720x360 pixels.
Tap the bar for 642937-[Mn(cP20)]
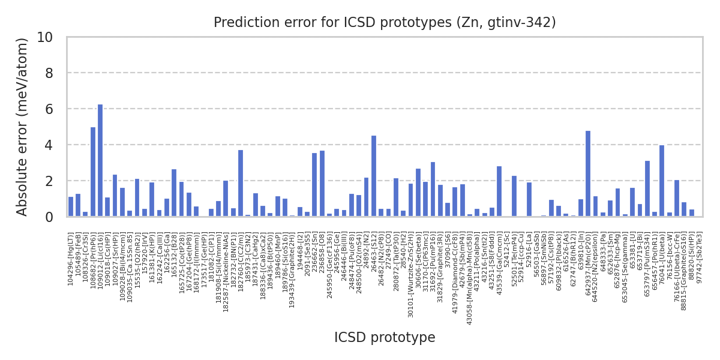pos(588,174)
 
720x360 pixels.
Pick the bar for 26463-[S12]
pos(374,176)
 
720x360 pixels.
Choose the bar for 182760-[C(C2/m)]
pos(241,184)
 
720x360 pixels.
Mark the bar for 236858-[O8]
pos(322,184)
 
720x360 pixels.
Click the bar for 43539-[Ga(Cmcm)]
pos(499,191)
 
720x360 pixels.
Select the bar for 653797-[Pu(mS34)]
pos(647,188)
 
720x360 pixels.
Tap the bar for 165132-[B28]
pos(174,193)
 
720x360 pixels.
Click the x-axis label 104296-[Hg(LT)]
pos(71,259)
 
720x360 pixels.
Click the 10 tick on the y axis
pos(52,37)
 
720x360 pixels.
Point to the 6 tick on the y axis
pos(56,109)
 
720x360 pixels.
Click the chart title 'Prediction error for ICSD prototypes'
pos(385,23)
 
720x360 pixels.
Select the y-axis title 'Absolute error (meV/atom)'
pos(23,127)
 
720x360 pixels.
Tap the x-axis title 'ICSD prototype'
pos(385,338)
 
